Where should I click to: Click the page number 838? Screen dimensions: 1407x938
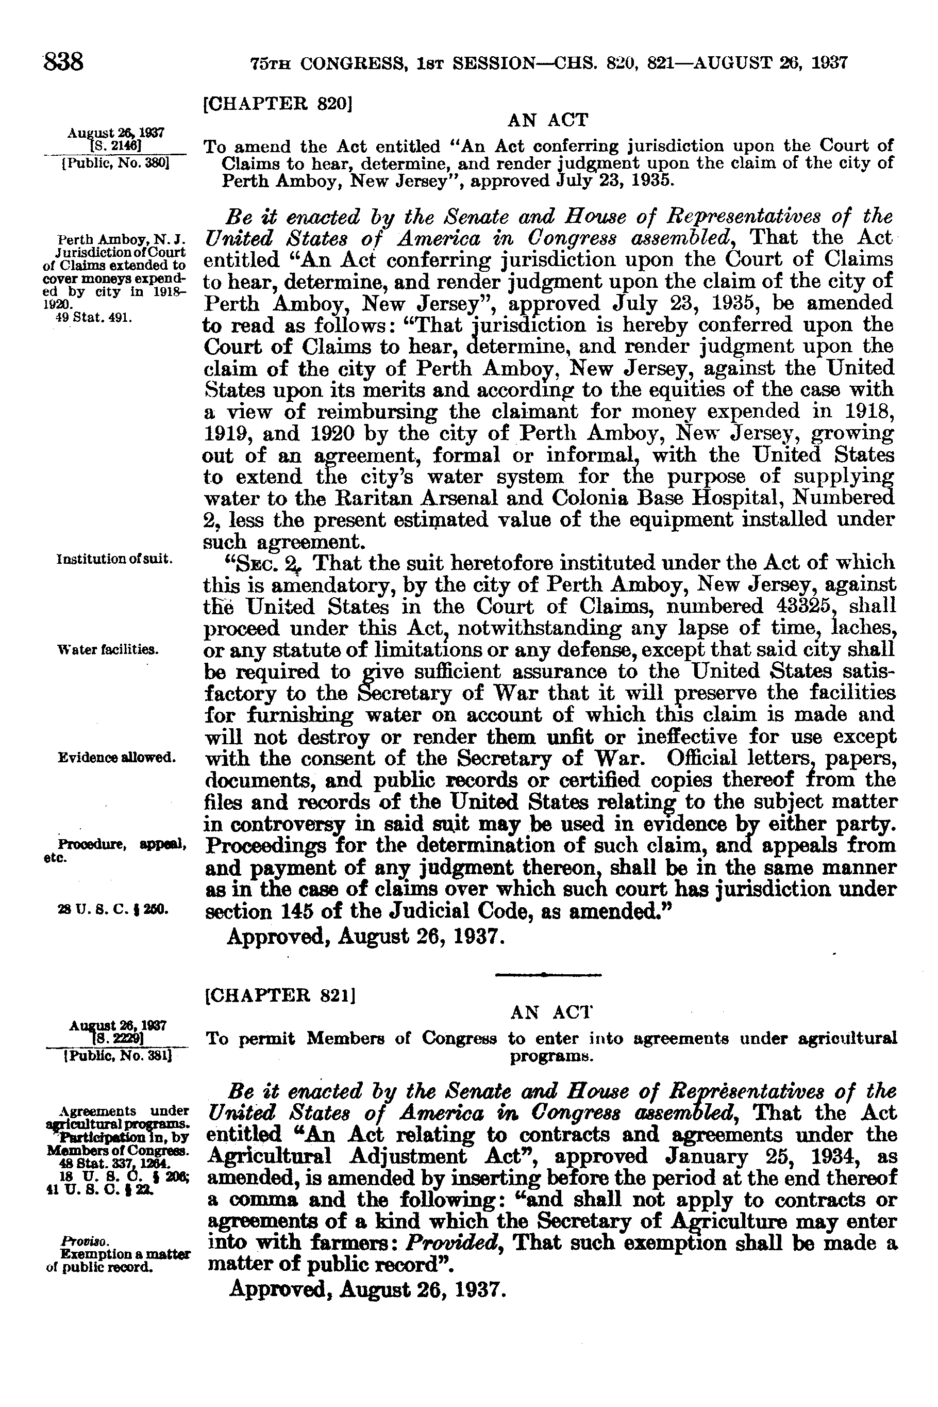(63, 62)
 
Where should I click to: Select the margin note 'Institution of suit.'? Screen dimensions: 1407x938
(115, 559)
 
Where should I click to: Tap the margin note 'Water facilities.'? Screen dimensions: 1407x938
(108, 649)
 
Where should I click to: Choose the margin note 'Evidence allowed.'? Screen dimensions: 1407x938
(116, 757)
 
